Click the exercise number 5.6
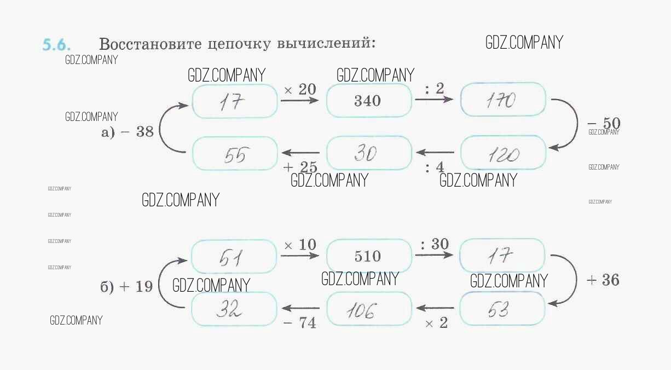click(56, 45)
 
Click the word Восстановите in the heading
click(143, 44)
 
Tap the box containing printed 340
click(368, 101)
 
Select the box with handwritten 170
click(503, 100)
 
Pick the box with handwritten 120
click(503, 153)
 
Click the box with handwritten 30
click(368, 153)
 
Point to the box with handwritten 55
click(235, 153)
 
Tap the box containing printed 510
click(368, 256)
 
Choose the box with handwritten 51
click(234, 256)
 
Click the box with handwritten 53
click(502, 309)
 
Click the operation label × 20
click(299, 90)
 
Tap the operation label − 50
click(603, 123)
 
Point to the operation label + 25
click(300, 167)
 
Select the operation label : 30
click(435, 244)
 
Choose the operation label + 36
click(603, 280)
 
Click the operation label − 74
click(299, 323)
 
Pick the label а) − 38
click(128, 132)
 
